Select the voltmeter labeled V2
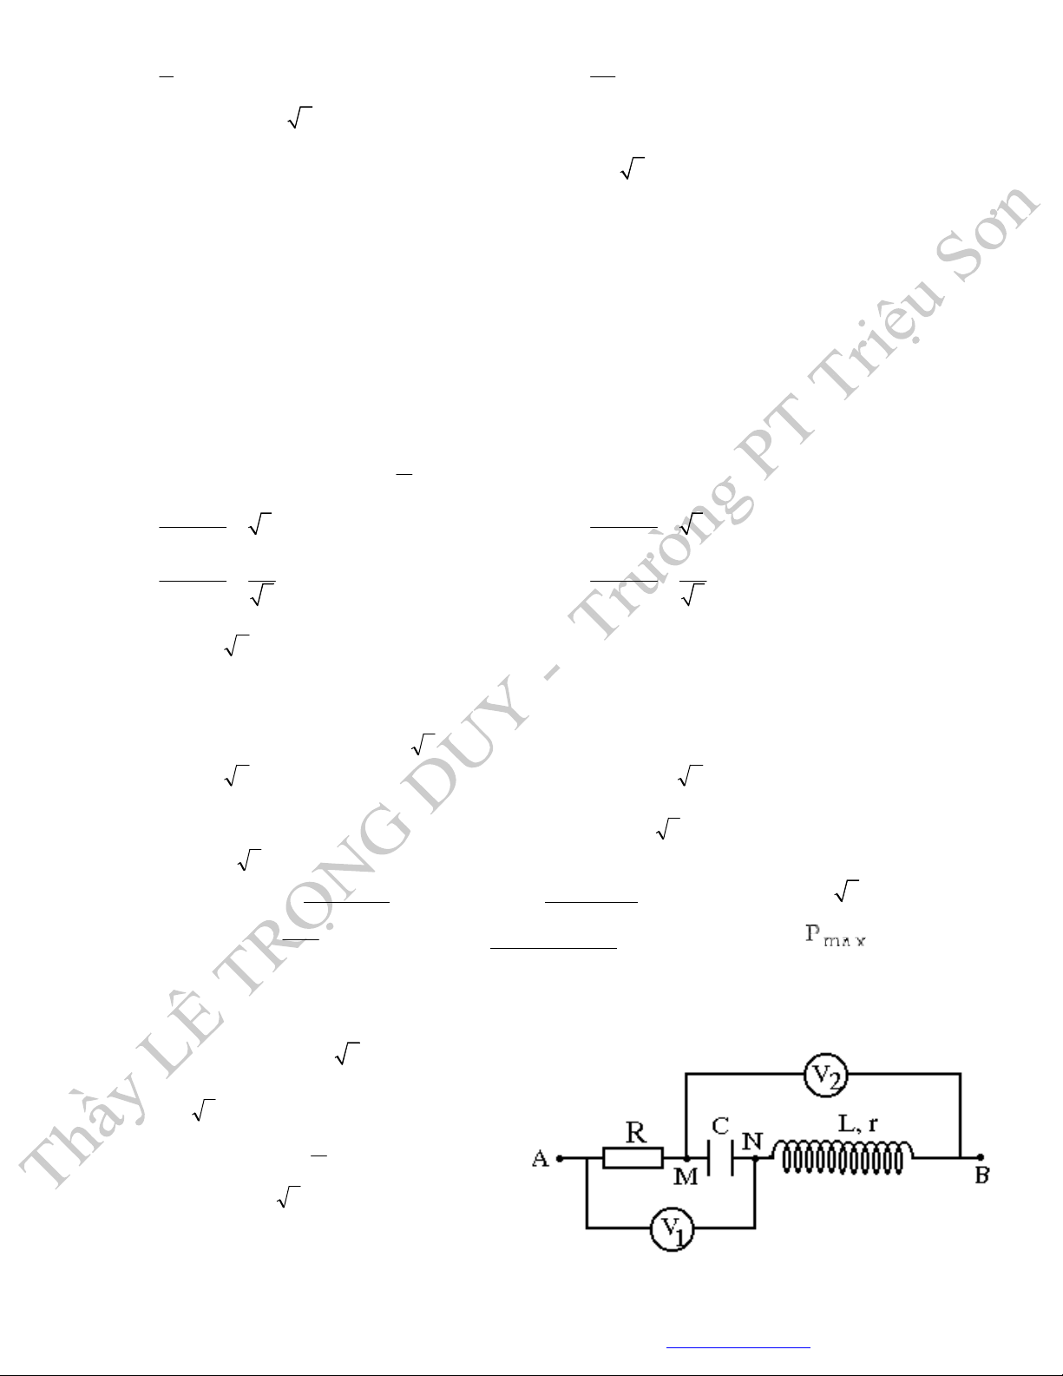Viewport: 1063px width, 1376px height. (825, 1076)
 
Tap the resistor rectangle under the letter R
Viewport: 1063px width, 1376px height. (633, 1158)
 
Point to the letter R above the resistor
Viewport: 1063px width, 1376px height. (636, 1132)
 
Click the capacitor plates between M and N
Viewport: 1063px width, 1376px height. (721, 1158)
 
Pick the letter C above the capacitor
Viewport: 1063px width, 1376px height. (721, 1126)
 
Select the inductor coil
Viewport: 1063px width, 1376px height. (843, 1157)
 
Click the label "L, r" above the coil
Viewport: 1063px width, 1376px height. (857, 1123)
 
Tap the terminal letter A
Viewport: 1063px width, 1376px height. (540, 1159)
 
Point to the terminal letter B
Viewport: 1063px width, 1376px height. (981, 1175)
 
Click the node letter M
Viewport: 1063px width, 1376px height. (686, 1176)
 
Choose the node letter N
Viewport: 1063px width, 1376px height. (752, 1142)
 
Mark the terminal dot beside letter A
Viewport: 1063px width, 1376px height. (560, 1159)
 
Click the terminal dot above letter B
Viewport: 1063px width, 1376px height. (980, 1157)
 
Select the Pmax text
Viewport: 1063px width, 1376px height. (835, 936)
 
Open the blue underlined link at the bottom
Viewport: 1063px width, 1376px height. (738, 1346)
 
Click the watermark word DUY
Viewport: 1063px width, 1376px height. (469, 744)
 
